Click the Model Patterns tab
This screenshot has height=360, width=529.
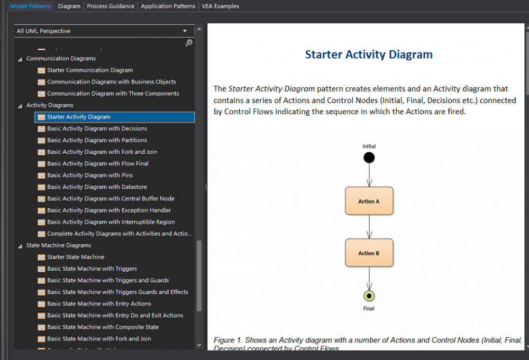(31, 6)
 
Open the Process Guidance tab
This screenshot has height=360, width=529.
(111, 6)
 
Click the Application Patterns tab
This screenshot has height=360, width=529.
(168, 6)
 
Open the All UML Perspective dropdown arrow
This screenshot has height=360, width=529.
(185, 31)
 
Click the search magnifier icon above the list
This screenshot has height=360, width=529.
(189, 43)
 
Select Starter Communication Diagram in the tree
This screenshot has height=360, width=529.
(89, 70)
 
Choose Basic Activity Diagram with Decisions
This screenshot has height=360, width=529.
(97, 128)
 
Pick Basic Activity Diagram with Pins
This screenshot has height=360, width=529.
(89, 176)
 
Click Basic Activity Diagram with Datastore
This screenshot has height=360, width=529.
(97, 187)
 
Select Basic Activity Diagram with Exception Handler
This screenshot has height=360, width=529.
(109, 210)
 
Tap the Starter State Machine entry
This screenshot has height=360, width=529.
(76, 257)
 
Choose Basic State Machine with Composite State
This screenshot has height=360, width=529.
(103, 327)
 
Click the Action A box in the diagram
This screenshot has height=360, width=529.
(369, 201)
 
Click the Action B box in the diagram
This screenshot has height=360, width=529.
(369, 253)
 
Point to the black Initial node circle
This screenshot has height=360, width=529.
(369, 158)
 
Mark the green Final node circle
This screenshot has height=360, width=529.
(369, 296)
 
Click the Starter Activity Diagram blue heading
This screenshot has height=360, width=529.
(369, 54)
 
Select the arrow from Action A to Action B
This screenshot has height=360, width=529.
(369, 227)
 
